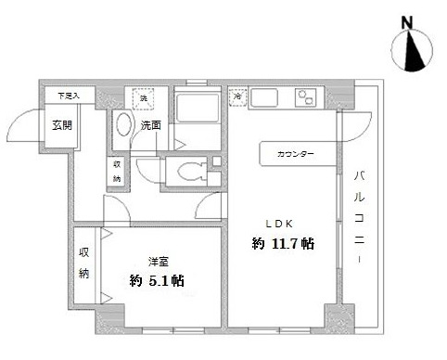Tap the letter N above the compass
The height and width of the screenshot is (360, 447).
[406, 21]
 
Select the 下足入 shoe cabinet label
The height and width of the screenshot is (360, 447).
[69, 96]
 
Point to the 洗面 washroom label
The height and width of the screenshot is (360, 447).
[151, 125]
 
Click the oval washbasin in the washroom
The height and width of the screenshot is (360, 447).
[122, 128]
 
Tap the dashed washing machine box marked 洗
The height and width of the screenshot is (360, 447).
[144, 98]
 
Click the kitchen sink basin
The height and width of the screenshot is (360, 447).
[265, 97]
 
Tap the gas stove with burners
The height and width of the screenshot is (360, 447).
[305, 97]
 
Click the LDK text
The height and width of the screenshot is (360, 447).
[281, 223]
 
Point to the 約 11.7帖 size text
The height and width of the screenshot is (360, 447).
[283, 244]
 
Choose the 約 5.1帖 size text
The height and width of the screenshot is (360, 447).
[156, 279]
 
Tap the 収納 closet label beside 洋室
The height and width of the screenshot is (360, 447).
[83, 263]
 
